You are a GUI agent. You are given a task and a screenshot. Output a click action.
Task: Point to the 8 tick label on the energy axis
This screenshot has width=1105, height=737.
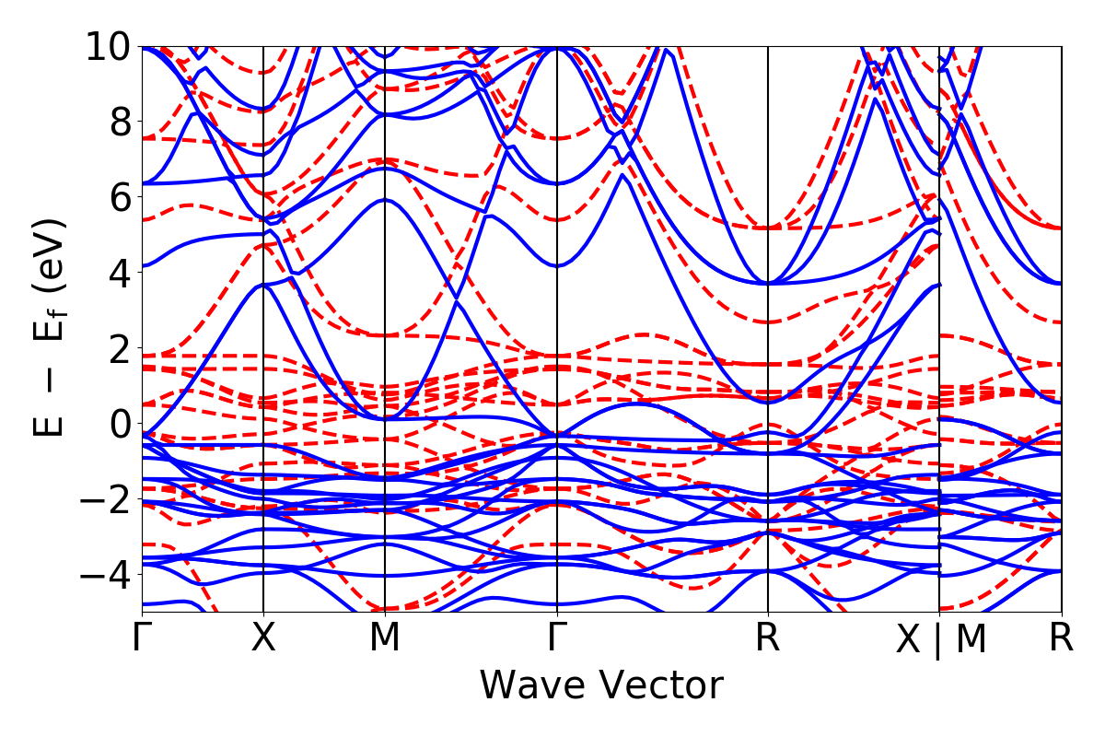(x=119, y=122)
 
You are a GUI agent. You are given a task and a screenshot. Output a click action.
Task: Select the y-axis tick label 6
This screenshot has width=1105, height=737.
(x=119, y=197)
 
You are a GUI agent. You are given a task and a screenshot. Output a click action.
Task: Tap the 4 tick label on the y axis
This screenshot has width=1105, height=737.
(x=119, y=273)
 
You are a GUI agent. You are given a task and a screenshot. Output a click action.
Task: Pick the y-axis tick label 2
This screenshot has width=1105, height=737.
(x=119, y=348)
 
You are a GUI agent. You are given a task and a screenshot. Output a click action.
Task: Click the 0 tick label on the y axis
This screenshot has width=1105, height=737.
(x=119, y=424)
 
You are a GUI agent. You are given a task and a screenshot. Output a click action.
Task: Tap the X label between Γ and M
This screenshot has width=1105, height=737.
(x=264, y=638)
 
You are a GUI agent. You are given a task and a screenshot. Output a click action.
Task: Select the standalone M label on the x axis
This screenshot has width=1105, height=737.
(x=384, y=638)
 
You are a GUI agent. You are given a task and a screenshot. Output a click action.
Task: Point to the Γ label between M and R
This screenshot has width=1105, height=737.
(x=557, y=638)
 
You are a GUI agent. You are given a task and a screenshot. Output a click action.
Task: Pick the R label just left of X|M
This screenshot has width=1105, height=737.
(x=768, y=638)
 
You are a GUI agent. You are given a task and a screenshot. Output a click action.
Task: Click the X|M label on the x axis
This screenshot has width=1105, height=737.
(x=940, y=640)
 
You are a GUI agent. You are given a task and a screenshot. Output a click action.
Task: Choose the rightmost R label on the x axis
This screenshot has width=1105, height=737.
(x=1062, y=638)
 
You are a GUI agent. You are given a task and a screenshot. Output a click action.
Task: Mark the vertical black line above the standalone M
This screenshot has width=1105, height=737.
(x=384, y=276)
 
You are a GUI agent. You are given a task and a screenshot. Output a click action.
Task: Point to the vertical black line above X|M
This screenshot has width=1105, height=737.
(x=939, y=276)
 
